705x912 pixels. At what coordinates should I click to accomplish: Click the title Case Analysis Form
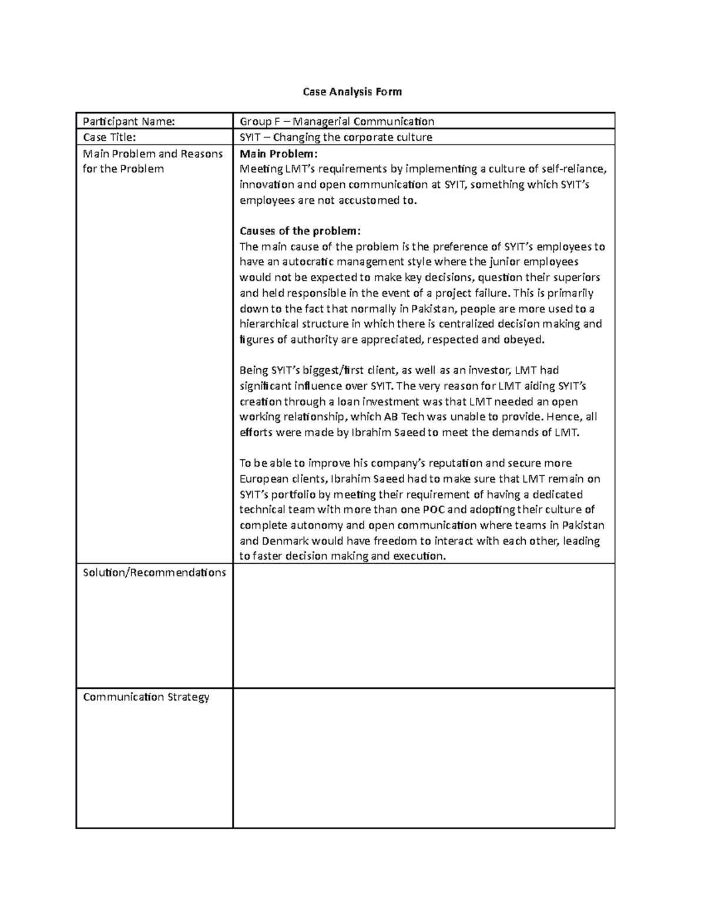[352, 92]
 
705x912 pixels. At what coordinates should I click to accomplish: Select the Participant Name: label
[129, 122]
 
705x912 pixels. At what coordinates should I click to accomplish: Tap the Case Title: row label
[109, 137]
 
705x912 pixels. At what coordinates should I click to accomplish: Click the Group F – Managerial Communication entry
[337, 122]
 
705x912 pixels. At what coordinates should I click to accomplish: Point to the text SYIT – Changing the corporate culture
[335, 137]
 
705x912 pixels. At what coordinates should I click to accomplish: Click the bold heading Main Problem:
[278, 154]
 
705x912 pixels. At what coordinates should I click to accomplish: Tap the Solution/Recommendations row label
[154, 573]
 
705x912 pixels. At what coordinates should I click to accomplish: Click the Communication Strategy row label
[146, 697]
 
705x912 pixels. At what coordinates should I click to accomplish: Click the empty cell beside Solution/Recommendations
[424, 626]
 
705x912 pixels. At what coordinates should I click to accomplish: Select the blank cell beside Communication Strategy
[424, 758]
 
